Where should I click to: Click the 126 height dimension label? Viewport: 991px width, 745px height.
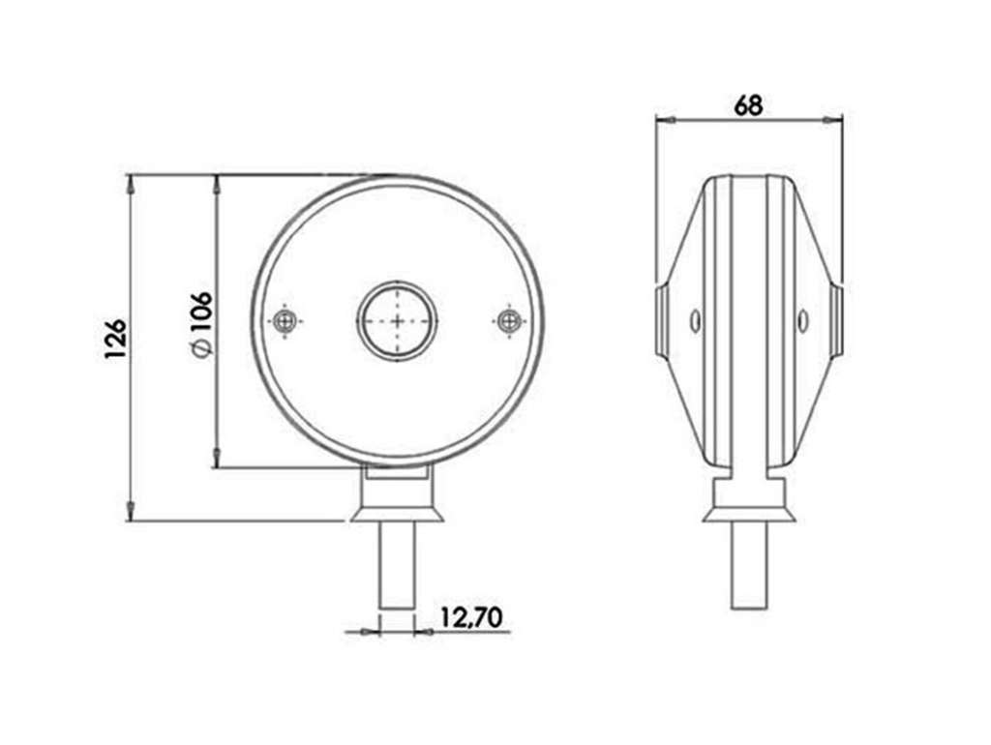[116, 339]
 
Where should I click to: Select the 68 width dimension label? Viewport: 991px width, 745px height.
[748, 105]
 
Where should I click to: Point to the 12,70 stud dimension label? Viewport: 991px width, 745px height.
[471, 616]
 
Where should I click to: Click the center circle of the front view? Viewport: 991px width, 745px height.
[398, 321]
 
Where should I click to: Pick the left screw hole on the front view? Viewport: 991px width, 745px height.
[286, 321]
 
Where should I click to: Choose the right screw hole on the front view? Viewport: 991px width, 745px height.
[507, 321]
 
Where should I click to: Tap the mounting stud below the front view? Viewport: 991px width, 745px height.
[397, 566]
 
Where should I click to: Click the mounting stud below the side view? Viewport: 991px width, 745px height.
[749, 566]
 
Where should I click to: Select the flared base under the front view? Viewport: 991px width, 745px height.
[398, 509]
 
